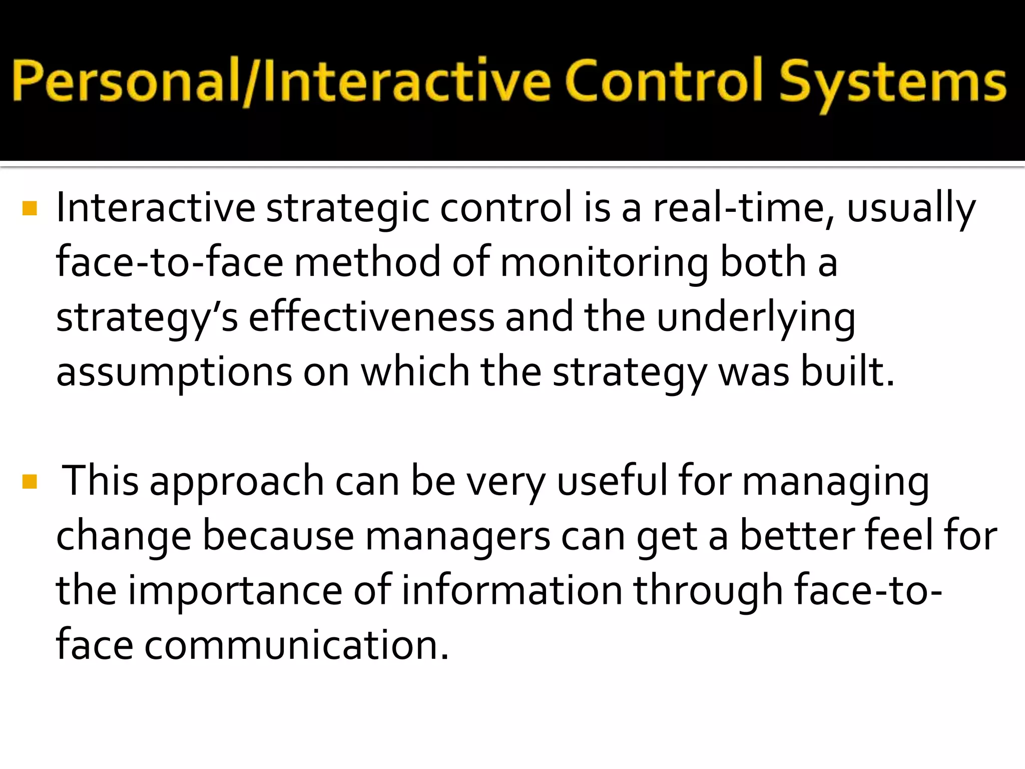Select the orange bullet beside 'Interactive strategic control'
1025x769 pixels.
30,208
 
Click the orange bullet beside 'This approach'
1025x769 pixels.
30,482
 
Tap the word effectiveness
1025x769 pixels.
371,317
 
